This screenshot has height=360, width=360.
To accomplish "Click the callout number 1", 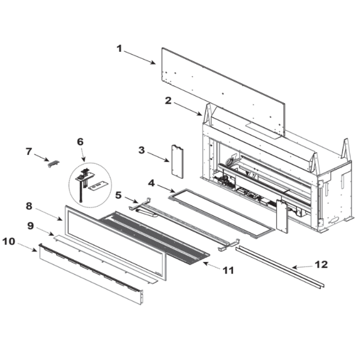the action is click(x=119, y=49).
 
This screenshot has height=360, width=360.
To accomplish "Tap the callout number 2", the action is click(x=168, y=101).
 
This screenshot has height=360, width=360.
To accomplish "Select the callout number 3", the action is click(x=141, y=150).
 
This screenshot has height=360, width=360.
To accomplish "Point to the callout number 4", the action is click(x=152, y=184).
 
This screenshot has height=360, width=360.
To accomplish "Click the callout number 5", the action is click(x=118, y=195).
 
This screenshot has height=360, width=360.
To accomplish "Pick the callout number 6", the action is click(x=80, y=142).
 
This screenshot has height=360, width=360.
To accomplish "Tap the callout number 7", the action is click(x=29, y=152).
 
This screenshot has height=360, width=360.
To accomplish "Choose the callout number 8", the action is click(x=29, y=206).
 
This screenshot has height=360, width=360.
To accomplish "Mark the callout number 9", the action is click(x=31, y=226).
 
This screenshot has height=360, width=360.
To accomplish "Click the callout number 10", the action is click(x=9, y=242).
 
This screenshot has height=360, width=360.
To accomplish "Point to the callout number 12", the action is click(x=321, y=265).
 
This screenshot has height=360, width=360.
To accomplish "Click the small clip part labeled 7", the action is click(x=53, y=164).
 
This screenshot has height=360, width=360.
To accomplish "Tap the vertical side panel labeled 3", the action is click(x=178, y=162).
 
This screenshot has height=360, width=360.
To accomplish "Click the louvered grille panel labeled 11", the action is click(x=154, y=238).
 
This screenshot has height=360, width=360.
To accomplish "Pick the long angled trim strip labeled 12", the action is click(x=280, y=267).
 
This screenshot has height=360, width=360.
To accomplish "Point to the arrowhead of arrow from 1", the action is click(x=154, y=63).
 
